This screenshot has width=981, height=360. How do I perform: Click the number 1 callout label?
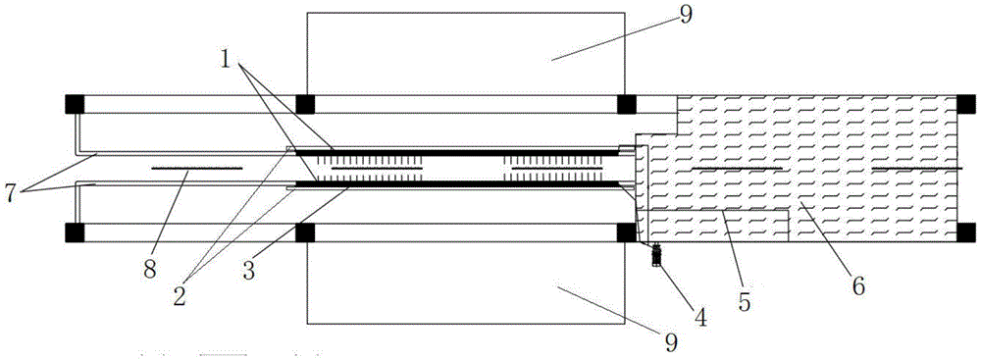[x=226, y=63]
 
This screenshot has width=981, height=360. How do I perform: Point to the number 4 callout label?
[x=699, y=318]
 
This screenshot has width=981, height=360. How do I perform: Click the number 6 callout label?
[x=857, y=285]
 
